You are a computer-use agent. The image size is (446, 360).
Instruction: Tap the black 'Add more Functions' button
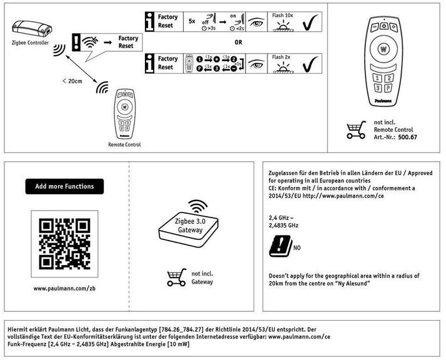coord(64,186)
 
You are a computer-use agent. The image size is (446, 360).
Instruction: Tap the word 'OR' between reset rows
coord(239,42)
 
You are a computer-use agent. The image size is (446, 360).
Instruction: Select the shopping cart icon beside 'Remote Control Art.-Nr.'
coord(355,130)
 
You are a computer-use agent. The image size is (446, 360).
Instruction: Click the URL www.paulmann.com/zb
coord(64,288)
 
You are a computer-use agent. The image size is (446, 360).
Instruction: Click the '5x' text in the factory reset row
coord(192,20)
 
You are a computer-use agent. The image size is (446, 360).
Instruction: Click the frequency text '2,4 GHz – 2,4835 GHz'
coord(284,221)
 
